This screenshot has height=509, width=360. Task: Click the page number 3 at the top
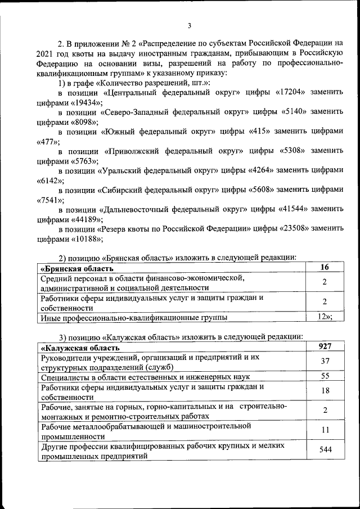click(x=190, y=25)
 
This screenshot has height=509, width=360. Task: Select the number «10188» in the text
click(x=85, y=238)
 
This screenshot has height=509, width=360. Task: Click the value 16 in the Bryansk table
click(x=325, y=268)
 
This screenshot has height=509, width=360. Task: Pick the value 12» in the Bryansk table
click(x=325, y=317)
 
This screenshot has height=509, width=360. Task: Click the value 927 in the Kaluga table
click(x=325, y=346)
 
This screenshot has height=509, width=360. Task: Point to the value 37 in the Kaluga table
click(x=325, y=361)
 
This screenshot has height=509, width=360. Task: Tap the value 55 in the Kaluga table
click(x=325, y=376)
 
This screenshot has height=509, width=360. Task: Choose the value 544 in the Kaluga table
click(x=325, y=449)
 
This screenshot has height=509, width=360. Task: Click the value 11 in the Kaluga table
click(x=325, y=430)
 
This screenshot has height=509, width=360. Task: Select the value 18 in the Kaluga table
click(x=325, y=390)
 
